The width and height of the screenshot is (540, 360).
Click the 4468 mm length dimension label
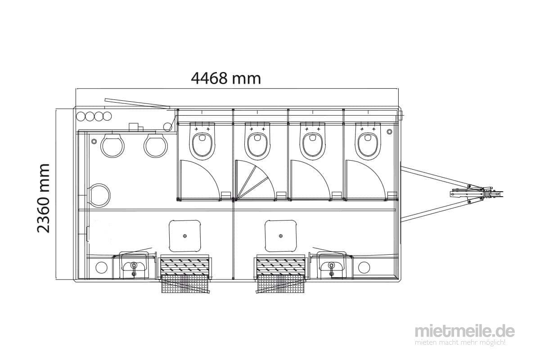click(x=226, y=78)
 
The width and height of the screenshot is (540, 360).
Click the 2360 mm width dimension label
click(x=43, y=198)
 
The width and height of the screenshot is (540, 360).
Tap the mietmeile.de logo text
click(x=465, y=332)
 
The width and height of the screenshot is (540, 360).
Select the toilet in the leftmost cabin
click(x=202, y=141)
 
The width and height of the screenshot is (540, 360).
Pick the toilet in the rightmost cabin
click(x=368, y=141)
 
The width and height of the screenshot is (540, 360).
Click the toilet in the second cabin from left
click(x=257, y=141)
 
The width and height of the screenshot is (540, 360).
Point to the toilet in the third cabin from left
click(x=313, y=141)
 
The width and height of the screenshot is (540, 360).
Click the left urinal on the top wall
click(x=112, y=145)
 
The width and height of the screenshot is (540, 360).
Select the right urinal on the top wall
click(x=156, y=145)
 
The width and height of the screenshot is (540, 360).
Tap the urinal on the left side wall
click(x=100, y=195)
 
